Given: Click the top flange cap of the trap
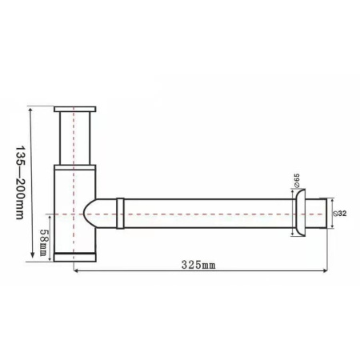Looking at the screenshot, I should (74, 108).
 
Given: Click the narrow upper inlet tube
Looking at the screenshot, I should (74, 136).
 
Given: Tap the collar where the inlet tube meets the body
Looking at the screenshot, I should (74, 165).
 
